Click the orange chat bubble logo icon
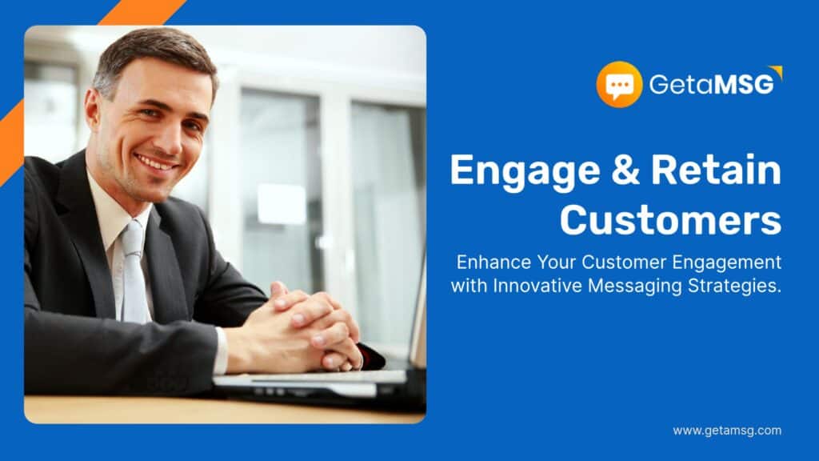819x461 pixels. [x=619, y=84]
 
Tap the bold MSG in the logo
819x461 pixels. [x=744, y=85]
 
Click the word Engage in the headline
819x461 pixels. [x=525, y=171]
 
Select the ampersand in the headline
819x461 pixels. [x=625, y=170]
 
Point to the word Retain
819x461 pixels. [x=716, y=170]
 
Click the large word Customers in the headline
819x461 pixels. [x=671, y=219]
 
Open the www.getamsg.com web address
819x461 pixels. [x=727, y=431]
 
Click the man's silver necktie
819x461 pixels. [x=134, y=272]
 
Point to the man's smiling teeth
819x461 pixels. [x=156, y=162]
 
